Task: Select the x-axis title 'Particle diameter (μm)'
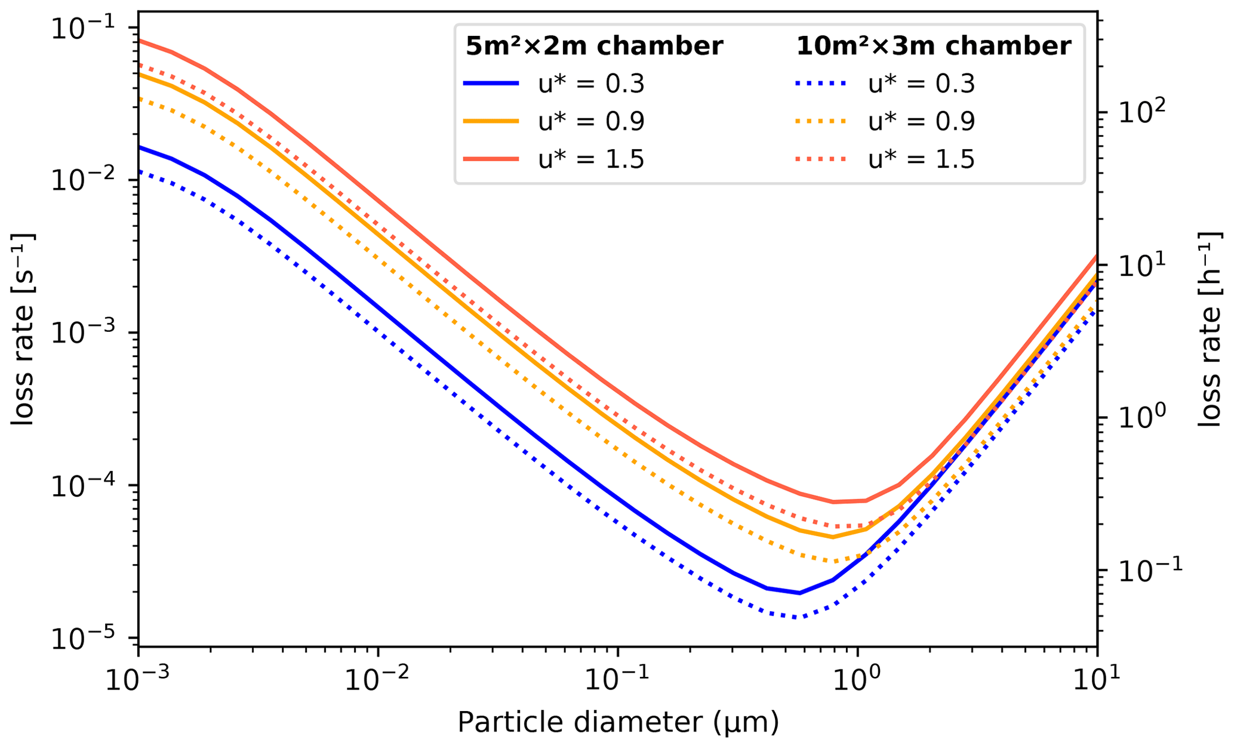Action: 618,722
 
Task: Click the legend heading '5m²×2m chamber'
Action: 594,46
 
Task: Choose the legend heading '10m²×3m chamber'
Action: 933,46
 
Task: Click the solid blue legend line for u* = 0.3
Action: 491,84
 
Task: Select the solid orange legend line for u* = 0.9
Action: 491,122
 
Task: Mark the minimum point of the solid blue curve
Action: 799,593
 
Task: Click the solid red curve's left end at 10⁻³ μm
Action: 139,40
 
